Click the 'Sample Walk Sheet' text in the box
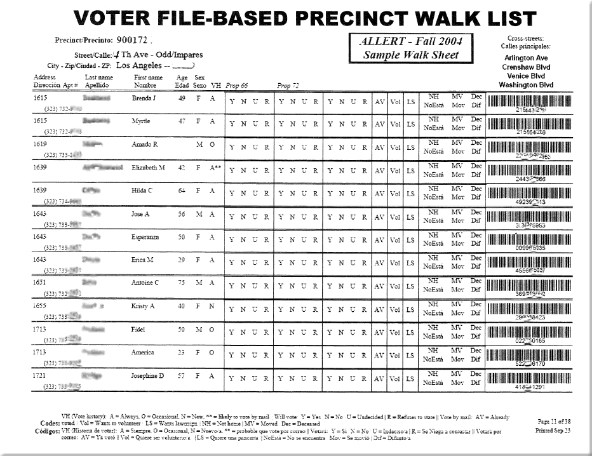(410, 55)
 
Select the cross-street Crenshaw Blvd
(525, 67)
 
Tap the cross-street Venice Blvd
(525, 76)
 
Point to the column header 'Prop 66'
(237, 85)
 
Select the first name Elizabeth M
(148, 168)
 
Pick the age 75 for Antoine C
(182, 283)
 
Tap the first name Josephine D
(148, 375)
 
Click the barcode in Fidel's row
(530, 330)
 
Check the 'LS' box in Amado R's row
(411, 147)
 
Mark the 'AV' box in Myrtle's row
(379, 124)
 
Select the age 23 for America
(182, 352)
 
